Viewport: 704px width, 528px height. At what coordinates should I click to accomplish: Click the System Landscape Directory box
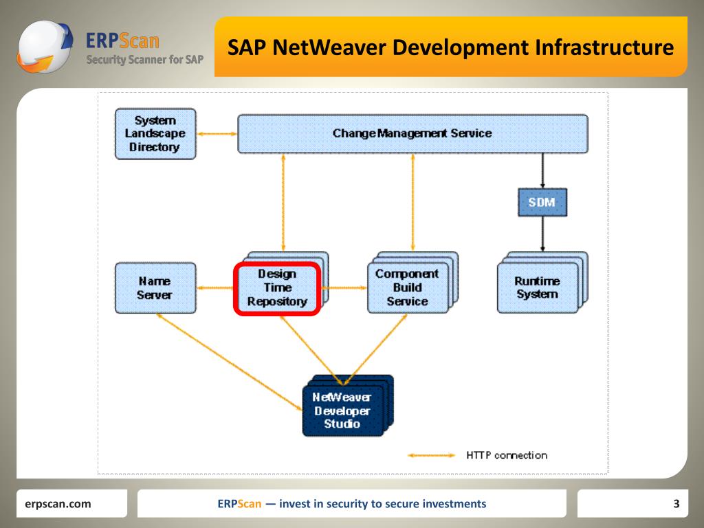tap(155, 134)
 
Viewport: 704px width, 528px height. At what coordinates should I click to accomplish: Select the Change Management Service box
tap(412, 133)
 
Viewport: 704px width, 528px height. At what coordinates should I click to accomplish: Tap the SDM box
tap(542, 203)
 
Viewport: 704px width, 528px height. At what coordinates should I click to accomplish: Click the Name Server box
tap(155, 288)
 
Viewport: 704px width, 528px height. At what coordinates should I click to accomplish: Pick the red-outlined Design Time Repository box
tap(277, 288)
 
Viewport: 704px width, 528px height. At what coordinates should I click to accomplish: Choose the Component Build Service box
tap(407, 287)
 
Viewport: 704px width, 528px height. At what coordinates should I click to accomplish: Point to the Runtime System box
tap(537, 288)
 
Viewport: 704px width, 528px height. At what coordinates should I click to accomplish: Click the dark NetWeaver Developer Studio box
tap(342, 411)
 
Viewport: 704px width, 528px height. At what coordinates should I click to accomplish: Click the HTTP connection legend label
tap(507, 455)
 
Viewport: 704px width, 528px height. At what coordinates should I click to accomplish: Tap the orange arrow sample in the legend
tap(432, 455)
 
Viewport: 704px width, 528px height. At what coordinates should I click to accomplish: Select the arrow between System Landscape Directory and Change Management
tap(217, 133)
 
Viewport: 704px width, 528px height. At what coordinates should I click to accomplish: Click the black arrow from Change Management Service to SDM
tap(542, 170)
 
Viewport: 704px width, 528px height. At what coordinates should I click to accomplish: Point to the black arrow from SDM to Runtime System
tap(542, 234)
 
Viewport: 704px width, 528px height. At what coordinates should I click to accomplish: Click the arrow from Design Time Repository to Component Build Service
tap(344, 288)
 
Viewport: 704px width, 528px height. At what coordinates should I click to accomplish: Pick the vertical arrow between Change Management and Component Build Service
tap(412, 202)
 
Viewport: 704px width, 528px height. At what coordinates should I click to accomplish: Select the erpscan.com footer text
tap(58, 504)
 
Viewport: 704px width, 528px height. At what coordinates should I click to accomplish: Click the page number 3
tap(676, 504)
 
